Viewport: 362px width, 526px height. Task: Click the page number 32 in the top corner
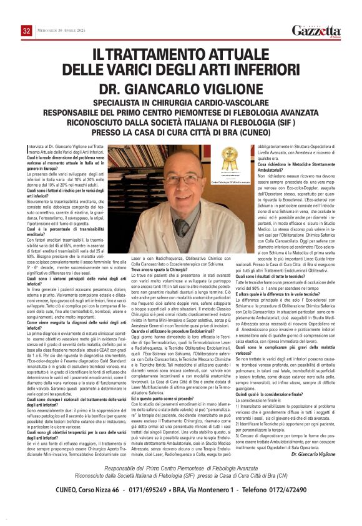[x=26, y=31]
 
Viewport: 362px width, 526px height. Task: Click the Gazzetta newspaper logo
[x=316, y=31]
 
